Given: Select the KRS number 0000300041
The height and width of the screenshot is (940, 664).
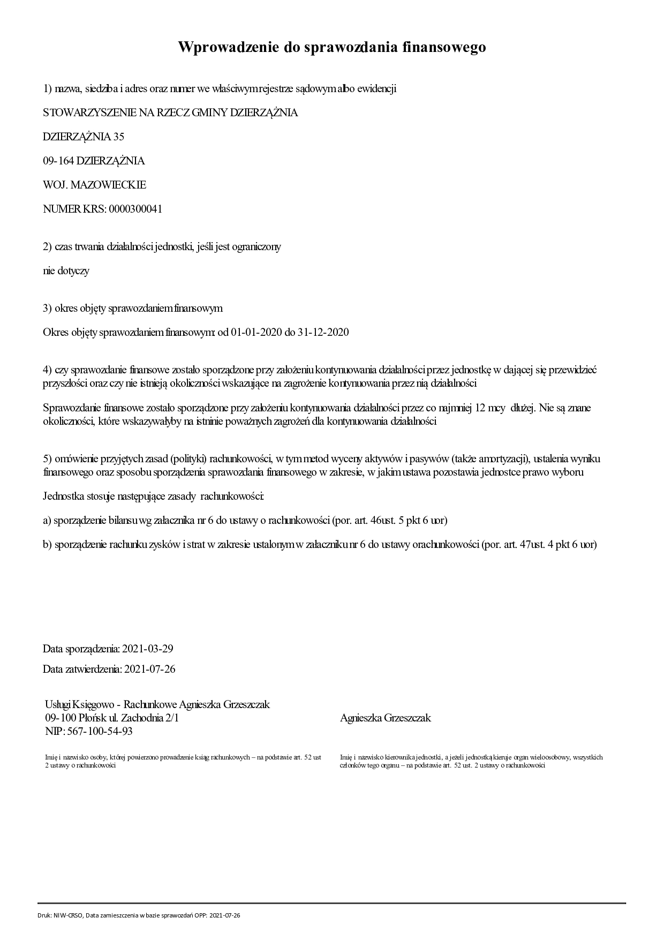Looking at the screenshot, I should [135, 209].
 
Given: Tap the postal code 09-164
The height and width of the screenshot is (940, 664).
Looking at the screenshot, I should [58, 161].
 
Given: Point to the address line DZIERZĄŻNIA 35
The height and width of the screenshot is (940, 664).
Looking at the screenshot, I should [83, 137].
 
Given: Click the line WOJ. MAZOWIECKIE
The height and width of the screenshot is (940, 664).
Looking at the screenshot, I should [94, 185].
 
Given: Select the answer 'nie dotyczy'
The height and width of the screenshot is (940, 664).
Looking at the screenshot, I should [66, 270].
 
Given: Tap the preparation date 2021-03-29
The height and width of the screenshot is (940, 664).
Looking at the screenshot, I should [148, 649].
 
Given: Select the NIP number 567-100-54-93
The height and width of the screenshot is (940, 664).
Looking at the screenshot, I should [99, 731].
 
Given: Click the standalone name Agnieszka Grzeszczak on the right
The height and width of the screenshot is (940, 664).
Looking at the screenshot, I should [385, 718].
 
